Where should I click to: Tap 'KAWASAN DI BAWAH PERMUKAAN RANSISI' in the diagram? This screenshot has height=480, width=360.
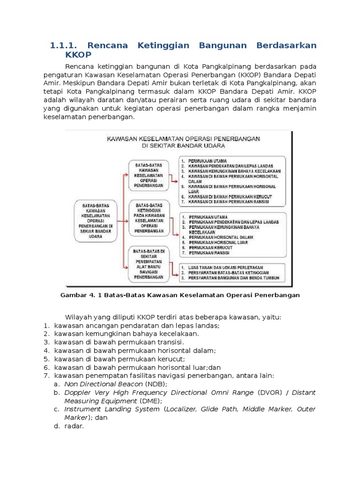coord(228,202)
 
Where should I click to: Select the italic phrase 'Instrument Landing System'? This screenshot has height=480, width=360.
coord(112,409)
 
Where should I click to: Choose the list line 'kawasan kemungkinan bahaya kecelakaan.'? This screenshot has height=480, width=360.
coord(127,334)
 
